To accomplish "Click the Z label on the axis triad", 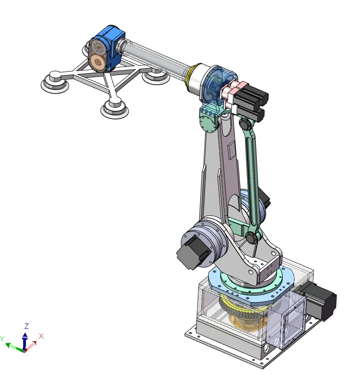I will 27,326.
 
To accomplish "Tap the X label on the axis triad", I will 41,336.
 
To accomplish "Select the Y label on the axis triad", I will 2,339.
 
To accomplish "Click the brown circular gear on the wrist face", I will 97,63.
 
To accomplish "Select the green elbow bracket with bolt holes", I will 210,120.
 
